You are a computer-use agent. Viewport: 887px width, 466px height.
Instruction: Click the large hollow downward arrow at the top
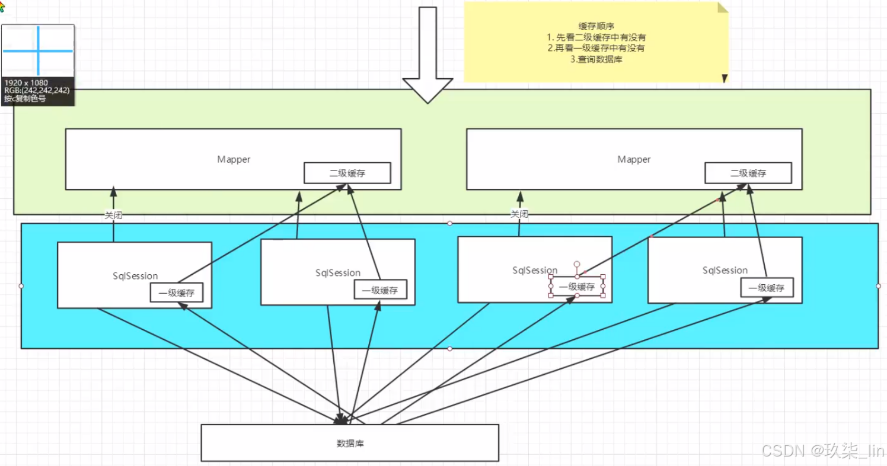(x=427, y=53)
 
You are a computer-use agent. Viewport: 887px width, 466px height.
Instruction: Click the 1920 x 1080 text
(x=26, y=82)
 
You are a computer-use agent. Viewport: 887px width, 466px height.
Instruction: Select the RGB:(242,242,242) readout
(x=37, y=91)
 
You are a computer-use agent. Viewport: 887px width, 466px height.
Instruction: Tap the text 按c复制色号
(x=25, y=99)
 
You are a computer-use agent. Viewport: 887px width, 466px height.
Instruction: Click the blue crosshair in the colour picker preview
(x=39, y=50)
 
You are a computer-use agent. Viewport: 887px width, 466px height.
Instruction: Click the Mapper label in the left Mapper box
(x=234, y=159)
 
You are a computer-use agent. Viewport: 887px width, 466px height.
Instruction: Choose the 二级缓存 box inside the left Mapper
(x=347, y=173)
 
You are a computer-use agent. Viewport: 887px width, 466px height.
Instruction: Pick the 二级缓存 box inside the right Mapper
(x=748, y=173)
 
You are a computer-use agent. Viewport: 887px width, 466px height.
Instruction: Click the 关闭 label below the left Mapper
(x=113, y=216)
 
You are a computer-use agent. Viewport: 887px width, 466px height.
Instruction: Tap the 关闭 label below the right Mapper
(x=519, y=214)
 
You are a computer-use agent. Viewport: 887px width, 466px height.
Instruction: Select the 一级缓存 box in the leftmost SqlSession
(x=180, y=293)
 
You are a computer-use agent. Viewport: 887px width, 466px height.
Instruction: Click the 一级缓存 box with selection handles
(x=576, y=287)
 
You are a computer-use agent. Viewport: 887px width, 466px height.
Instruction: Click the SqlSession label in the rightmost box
(x=725, y=270)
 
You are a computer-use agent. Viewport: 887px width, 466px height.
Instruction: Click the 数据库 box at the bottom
(x=350, y=442)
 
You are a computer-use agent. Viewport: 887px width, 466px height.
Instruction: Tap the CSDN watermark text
(x=822, y=451)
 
